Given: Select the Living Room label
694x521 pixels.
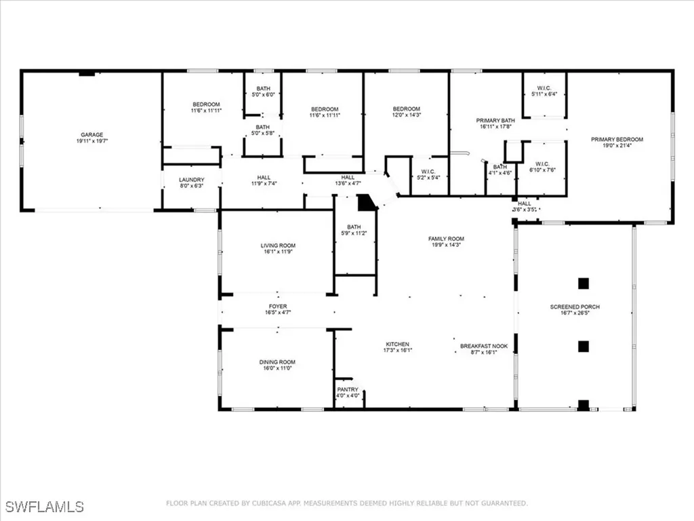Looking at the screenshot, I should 278,246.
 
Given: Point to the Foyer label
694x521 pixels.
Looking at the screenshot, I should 278,307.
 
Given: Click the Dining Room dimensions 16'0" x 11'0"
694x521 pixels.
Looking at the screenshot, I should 278,368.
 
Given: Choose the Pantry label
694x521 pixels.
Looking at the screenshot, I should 347,389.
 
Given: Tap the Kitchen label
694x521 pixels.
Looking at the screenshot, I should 397,344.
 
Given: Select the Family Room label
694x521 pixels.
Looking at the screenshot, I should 446,239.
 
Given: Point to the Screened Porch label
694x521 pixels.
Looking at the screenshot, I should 575,307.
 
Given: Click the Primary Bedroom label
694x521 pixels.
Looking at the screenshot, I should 617,140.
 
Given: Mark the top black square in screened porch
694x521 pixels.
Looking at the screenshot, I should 583,283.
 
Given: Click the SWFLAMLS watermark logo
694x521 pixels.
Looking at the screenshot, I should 44,507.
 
